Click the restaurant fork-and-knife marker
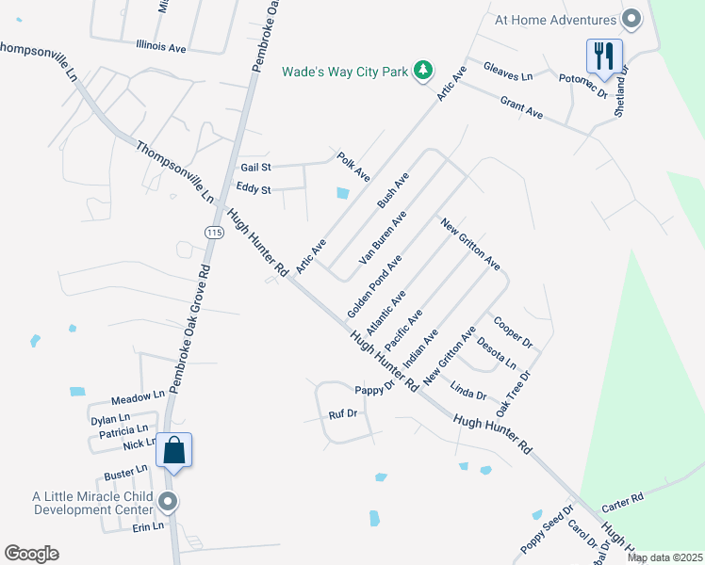[604, 55]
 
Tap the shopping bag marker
[174, 449]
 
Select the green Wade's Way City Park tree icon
[424, 71]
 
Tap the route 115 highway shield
[214, 233]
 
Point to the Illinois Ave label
[161, 45]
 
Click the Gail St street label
[255, 167]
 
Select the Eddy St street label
[254, 189]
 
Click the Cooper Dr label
[513, 331]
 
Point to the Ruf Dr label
[343, 413]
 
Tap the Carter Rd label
[623, 496]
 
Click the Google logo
[32, 554]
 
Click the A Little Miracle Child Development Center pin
[168, 501]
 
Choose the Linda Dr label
[468, 390]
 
